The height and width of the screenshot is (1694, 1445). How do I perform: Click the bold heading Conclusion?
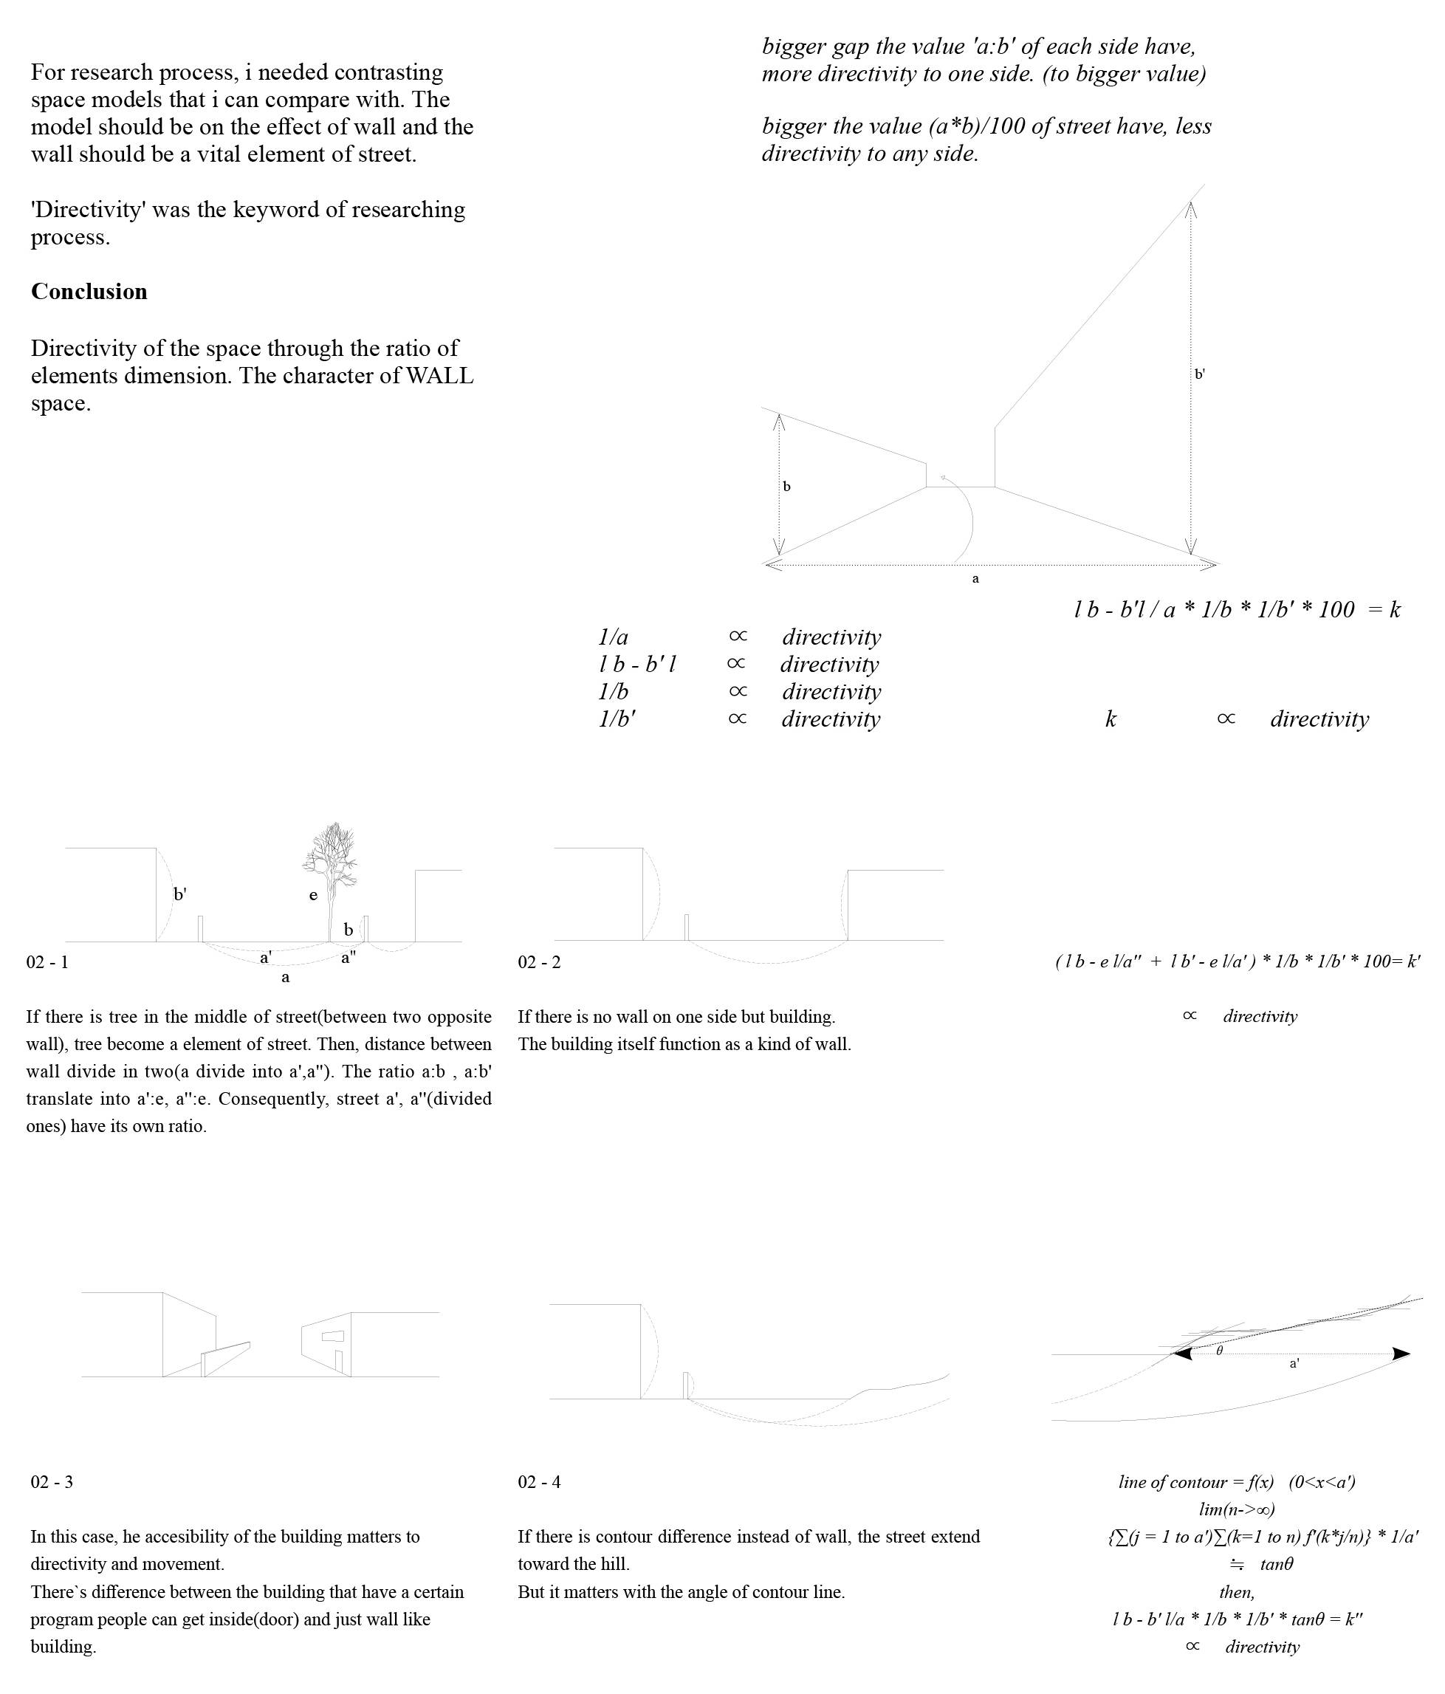[x=89, y=292]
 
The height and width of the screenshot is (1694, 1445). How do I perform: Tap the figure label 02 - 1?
[x=47, y=962]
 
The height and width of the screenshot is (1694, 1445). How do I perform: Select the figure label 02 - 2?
[x=540, y=962]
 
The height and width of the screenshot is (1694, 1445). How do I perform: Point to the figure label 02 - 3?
[x=52, y=1482]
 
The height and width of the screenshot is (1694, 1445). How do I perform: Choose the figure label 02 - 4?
[x=540, y=1482]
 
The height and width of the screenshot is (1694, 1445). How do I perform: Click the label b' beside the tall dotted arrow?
[x=1200, y=374]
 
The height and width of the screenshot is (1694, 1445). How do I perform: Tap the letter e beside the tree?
[x=313, y=895]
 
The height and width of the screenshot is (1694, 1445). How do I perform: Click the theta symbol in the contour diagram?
[x=1219, y=1351]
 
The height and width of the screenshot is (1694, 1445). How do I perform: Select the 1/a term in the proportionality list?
[x=613, y=637]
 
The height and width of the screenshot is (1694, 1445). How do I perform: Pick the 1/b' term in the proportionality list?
[x=617, y=719]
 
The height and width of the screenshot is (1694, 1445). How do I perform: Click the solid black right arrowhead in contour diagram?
[x=1401, y=1354]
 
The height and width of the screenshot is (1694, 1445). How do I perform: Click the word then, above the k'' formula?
[x=1237, y=1592]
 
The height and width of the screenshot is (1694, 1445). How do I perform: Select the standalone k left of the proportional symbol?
[x=1111, y=719]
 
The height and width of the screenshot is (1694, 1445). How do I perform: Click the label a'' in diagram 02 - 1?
[x=349, y=957]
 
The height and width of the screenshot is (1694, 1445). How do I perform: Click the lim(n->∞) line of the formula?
[x=1237, y=1509]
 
